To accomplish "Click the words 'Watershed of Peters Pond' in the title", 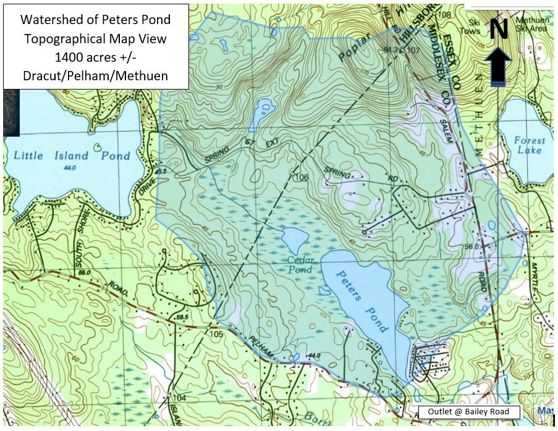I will pyautogui.click(x=95, y=20).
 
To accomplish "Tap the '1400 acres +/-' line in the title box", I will pyautogui.click(x=95, y=57).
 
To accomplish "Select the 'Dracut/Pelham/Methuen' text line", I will pyautogui.click(x=95, y=76).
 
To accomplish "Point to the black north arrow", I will pyautogui.click(x=500, y=66).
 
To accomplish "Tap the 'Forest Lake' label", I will pyautogui.click(x=530, y=145).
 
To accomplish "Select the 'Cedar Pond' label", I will pyautogui.click(x=301, y=266).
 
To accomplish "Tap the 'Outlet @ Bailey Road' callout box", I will pyautogui.click(x=468, y=412).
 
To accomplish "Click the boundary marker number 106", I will pyautogui.click(x=301, y=178).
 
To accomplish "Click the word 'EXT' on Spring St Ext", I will pyautogui.click(x=272, y=144).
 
